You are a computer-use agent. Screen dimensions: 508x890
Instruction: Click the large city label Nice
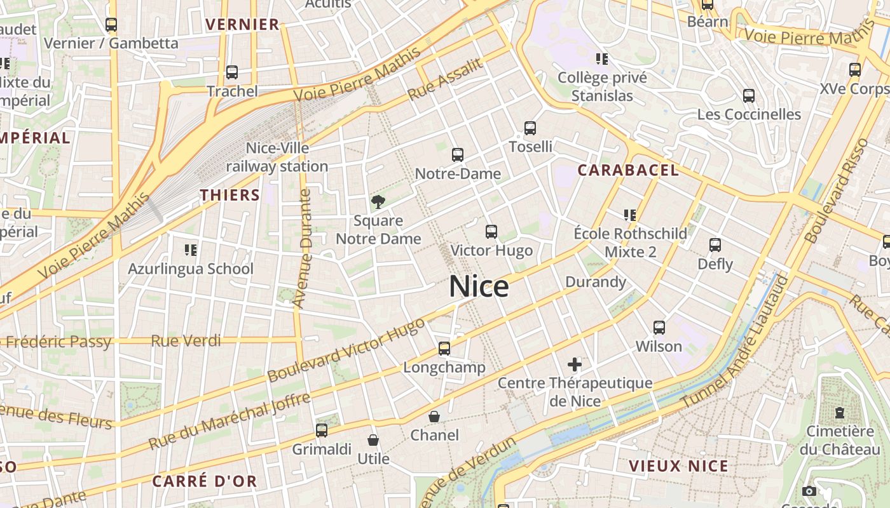(479, 286)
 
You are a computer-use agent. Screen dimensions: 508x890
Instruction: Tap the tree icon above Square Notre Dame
(378, 203)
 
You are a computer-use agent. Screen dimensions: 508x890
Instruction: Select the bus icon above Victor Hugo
(491, 232)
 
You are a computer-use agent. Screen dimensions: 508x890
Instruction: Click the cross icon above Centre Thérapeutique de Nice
(575, 364)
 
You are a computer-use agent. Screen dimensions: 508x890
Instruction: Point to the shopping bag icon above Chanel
(434, 417)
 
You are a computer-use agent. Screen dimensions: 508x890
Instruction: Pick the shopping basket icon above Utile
(373, 440)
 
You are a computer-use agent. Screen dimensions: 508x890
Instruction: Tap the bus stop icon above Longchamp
(444, 349)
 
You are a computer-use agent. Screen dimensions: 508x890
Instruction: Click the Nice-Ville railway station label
(277, 157)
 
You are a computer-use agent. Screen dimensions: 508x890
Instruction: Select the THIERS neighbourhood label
(230, 195)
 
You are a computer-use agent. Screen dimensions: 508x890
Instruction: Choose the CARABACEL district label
(628, 170)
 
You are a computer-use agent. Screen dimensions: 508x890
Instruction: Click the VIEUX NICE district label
(678, 465)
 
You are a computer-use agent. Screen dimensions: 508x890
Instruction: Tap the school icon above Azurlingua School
(191, 250)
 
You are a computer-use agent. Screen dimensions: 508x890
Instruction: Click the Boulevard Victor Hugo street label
(346, 350)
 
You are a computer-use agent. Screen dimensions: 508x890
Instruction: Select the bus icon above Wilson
(659, 328)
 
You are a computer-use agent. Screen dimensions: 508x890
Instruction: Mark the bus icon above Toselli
(530, 128)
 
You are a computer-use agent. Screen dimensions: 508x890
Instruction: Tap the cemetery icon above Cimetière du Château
(840, 413)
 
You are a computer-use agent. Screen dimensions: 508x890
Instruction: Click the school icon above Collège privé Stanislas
(602, 59)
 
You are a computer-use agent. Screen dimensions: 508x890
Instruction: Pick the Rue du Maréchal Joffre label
(229, 421)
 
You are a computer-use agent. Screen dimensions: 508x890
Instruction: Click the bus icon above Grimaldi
(322, 431)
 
